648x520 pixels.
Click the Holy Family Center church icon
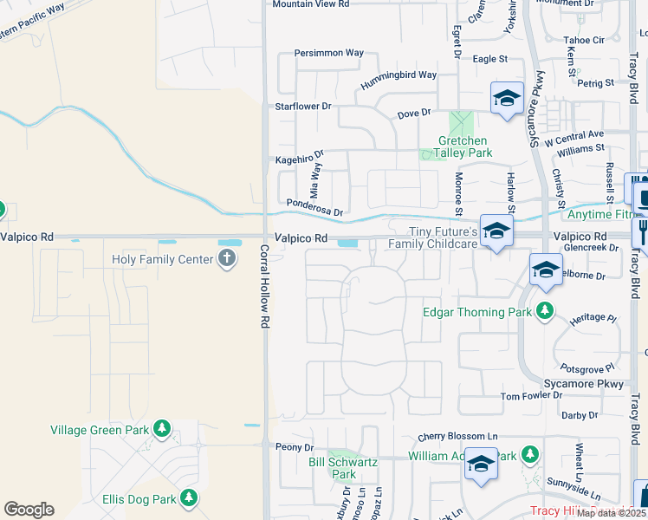tap(226, 259)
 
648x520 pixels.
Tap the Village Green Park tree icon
tap(161, 428)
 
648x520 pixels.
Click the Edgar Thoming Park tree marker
tap(545, 311)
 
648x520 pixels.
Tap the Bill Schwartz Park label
tap(344, 468)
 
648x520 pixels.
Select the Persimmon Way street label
tap(328, 53)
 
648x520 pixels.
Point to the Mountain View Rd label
tap(310, 4)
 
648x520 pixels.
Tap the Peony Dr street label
tap(294, 447)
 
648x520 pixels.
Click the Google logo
tap(28, 510)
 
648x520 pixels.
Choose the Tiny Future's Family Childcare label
tap(443, 237)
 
